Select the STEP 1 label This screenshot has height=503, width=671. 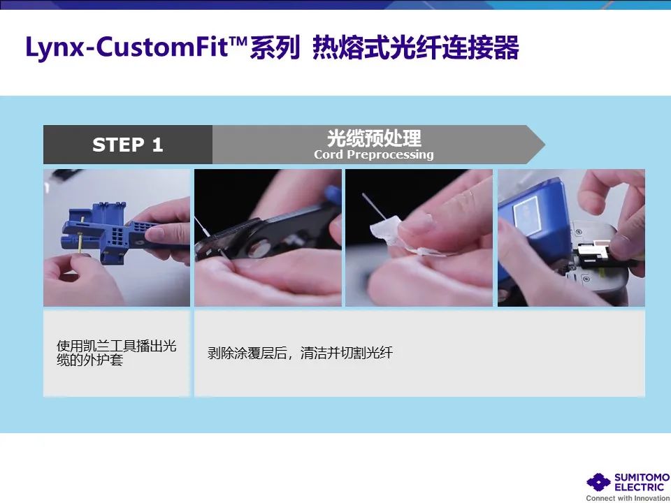(127, 145)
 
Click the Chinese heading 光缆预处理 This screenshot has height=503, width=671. (374, 138)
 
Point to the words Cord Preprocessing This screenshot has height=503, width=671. (373, 154)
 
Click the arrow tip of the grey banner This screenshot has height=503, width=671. (544, 145)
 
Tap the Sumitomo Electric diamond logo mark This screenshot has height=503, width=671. (598, 482)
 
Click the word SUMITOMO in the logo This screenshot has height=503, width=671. (642, 477)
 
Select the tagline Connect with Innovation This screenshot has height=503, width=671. (628, 498)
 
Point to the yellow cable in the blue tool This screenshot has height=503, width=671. (81, 235)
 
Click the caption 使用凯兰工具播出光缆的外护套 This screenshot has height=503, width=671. (117, 353)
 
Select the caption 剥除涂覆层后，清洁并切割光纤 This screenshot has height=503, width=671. (300, 353)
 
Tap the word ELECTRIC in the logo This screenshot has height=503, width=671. (639, 487)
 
